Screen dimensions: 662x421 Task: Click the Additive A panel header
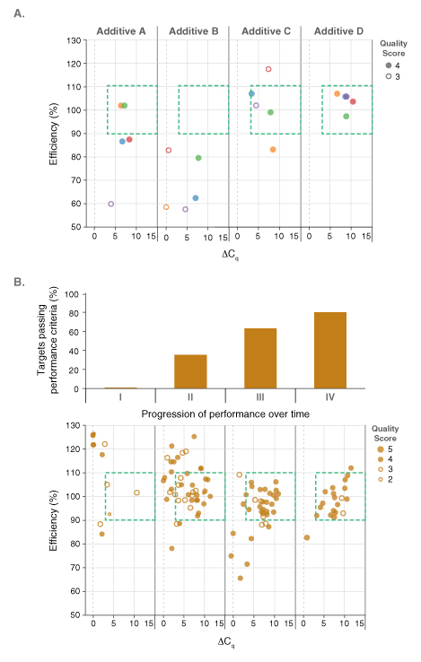tap(121, 31)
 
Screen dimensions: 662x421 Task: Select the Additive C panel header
tap(265, 31)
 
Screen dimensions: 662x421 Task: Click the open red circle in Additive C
tap(268, 69)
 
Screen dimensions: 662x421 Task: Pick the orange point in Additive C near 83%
tap(273, 150)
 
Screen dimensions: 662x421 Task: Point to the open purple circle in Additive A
tap(111, 205)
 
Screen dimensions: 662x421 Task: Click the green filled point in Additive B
tap(198, 158)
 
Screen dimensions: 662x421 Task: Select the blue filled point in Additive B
tap(196, 198)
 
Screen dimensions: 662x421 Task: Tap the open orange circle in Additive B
tap(166, 207)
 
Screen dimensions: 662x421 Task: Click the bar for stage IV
tap(330, 350)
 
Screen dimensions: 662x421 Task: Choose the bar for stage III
tap(260, 358)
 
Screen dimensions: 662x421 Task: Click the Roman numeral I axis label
tap(120, 396)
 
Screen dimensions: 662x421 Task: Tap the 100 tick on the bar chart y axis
tap(77, 293)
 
